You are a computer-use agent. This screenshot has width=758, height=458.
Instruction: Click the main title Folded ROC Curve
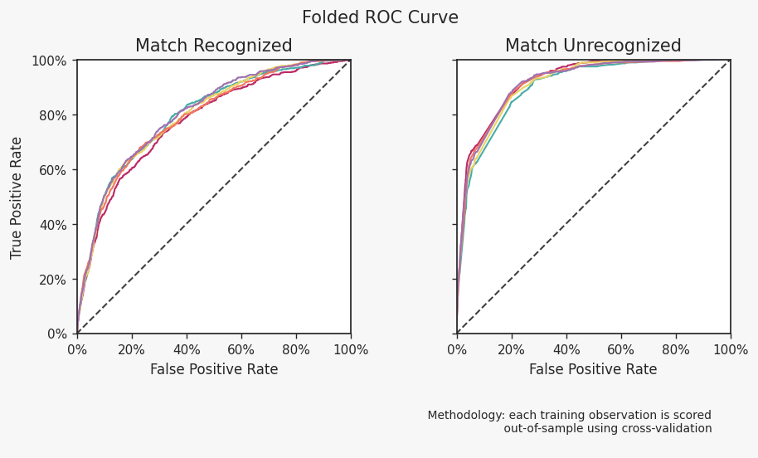point(380,18)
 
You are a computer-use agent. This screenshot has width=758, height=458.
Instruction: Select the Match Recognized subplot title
point(213,46)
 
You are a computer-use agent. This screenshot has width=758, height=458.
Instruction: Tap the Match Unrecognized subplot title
point(593,46)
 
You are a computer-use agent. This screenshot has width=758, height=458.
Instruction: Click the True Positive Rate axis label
point(17,197)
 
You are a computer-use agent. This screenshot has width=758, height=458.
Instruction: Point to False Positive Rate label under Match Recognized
point(214,370)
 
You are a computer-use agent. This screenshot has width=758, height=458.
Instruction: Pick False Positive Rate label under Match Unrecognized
point(593,370)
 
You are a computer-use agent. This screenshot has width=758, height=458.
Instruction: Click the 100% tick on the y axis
point(50,61)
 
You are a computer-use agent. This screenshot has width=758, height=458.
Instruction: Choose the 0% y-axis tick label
point(56,334)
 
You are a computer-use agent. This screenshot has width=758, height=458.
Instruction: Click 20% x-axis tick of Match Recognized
point(132,350)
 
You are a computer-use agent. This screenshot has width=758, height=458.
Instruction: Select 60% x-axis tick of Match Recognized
point(241,350)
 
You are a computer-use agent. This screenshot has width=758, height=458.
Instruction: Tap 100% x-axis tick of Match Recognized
point(351,350)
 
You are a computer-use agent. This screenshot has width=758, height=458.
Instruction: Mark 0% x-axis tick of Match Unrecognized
point(457,350)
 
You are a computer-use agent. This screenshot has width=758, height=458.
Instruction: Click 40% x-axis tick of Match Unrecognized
point(566,350)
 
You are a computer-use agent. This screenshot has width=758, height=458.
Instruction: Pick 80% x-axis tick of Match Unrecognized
point(676,350)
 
